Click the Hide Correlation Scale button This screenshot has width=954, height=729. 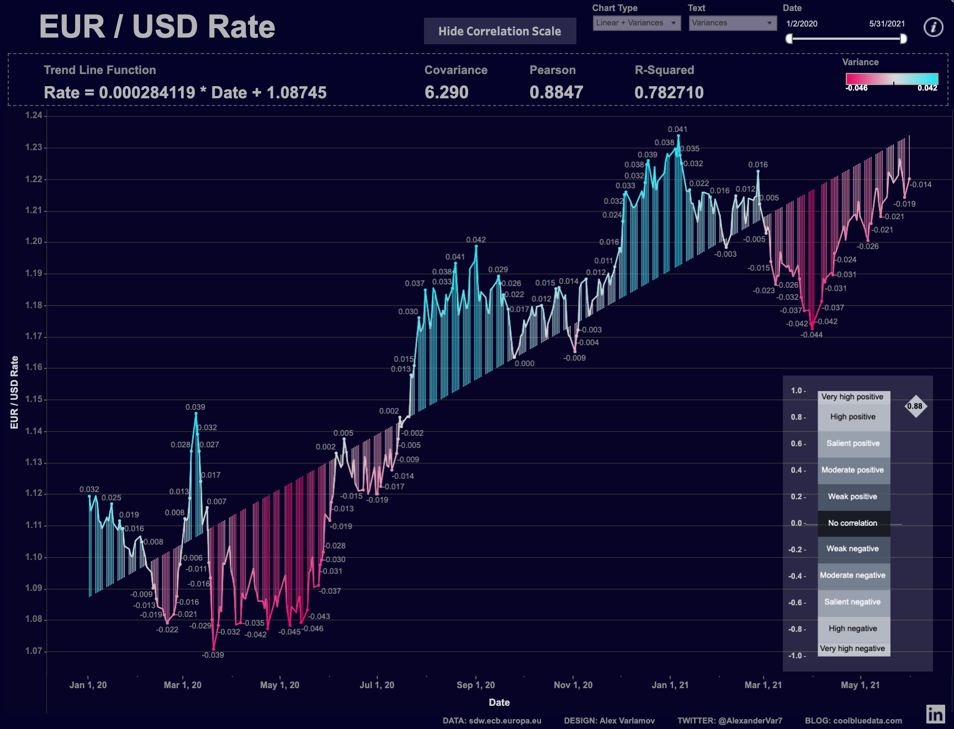500,31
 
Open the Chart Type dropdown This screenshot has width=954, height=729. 637,23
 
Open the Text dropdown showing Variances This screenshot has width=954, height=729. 732,23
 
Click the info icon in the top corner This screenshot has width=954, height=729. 934,27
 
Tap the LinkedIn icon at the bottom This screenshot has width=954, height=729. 935,714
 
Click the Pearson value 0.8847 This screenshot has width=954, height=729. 556,92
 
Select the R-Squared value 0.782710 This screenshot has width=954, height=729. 669,92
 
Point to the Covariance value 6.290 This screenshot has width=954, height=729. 446,92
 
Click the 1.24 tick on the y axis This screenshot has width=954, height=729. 34,115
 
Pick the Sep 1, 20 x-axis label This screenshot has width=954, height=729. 475,685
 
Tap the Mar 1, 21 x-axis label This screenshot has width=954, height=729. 763,685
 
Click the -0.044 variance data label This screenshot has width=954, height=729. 812,335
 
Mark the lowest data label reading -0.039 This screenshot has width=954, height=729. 213,655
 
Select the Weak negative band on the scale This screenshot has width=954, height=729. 853,549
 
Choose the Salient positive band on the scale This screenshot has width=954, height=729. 853,443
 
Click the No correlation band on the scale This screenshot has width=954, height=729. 853,523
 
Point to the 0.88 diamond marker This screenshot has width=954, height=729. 915,406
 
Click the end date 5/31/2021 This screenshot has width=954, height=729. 887,24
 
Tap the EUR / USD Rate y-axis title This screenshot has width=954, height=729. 14,392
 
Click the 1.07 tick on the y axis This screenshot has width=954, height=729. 34,651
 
